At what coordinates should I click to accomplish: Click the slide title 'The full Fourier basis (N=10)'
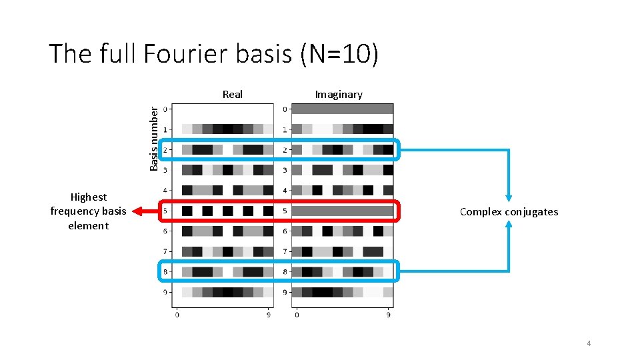click(213, 54)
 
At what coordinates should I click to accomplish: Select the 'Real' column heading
click(233, 95)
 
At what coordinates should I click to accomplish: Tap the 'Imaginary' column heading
click(339, 95)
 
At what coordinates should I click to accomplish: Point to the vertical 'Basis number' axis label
click(154, 139)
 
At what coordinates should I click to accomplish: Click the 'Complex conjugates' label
click(509, 212)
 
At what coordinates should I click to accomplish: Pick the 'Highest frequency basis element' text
click(88, 211)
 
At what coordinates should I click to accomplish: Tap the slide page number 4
click(589, 343)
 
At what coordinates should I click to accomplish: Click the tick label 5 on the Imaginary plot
click(285, 211)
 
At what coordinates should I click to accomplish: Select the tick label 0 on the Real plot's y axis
click(165, 109)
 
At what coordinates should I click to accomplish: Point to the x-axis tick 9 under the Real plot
click(269, 315)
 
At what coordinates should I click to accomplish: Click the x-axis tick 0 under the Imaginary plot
click(297, 315)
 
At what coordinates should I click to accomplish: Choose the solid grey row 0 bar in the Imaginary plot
click(343, 109)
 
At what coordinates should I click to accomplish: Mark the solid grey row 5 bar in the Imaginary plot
click(343, 211)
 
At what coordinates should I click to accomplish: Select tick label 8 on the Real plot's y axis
click(165, 272)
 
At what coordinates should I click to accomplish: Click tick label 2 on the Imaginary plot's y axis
click(285, 150)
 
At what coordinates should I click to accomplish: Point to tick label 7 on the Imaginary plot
click(285, 252)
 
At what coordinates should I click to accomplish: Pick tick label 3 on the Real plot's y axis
click(165, 171)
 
